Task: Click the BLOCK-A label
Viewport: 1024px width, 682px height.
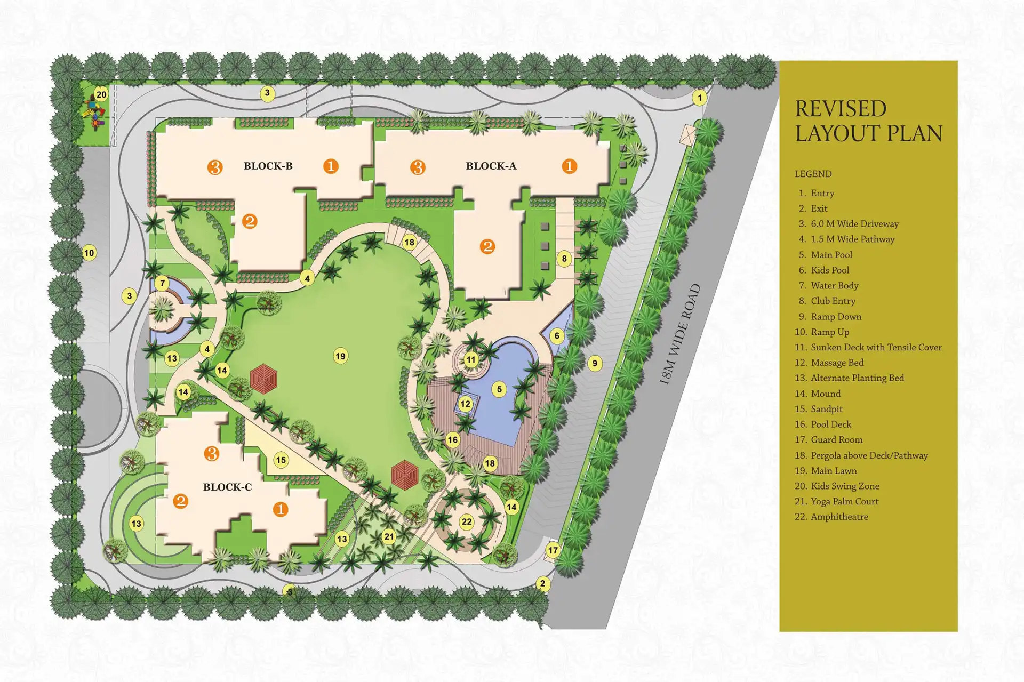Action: [x=491, y=166]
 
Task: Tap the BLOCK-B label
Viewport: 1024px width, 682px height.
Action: [x=268, y=166]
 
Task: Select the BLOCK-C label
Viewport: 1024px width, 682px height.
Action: [x=227, y=487]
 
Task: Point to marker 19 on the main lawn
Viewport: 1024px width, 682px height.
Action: [x=340, y=356]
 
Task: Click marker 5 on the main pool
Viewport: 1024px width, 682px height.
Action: [x=499, y=389]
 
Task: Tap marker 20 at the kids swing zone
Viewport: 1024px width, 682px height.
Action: [x=101, y=95]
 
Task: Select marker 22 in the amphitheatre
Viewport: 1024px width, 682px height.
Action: [x=467, y=521]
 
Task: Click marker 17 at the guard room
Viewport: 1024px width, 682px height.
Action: [x=553, y=550]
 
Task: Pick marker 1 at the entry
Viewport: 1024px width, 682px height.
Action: [x=700, y=98]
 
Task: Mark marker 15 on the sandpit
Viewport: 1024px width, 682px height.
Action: [x=281, y=460]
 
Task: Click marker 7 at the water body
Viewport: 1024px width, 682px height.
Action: [x=163, y=283]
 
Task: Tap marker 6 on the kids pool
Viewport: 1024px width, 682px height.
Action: [x=557, y=335]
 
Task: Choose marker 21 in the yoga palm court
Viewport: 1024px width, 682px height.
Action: [x=389, y=536]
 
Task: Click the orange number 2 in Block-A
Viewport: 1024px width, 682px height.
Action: [x=487, y=246]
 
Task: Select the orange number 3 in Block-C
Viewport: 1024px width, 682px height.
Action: [x=212, y=454]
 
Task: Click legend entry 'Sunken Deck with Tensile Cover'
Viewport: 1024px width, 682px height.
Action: [x=876, y=347]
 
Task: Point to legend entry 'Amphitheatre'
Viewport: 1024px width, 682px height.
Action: [x=839, y=517]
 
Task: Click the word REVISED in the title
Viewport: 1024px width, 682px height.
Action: [x=841, y=109]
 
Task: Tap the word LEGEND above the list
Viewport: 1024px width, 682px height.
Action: [x=813, y=174]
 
